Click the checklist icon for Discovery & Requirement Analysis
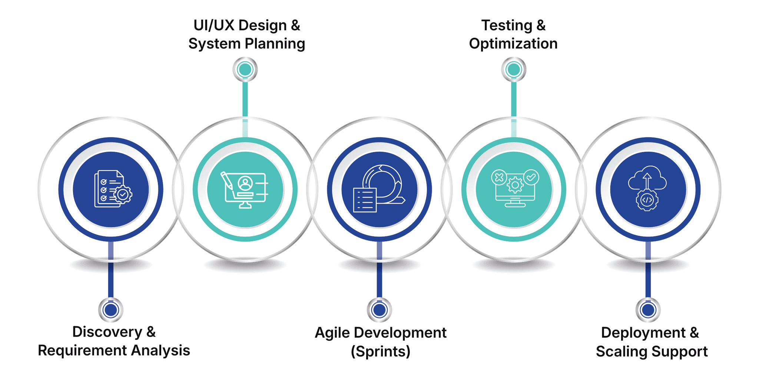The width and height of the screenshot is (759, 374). pos(113,189)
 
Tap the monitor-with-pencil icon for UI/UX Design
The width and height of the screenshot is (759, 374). pos(245,190)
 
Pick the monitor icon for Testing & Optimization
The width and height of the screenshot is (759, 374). pos(515,188)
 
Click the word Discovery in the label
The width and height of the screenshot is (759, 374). pos(107,332)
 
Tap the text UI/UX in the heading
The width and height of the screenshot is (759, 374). pos(213,26)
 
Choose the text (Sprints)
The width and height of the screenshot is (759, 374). pos(381,351)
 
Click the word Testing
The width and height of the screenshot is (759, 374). pos(507,26)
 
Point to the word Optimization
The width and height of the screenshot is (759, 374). pos(513,44)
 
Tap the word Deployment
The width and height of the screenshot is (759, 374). pos(643,333)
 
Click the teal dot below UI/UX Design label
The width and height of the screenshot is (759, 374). pos(245,69)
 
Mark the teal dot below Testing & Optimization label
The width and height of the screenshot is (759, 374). pos(514,69)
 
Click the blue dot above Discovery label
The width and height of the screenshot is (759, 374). pos(111,310)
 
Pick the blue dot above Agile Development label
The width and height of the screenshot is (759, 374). pos(379,310)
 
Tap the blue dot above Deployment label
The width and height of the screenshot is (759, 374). pos(648,310)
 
